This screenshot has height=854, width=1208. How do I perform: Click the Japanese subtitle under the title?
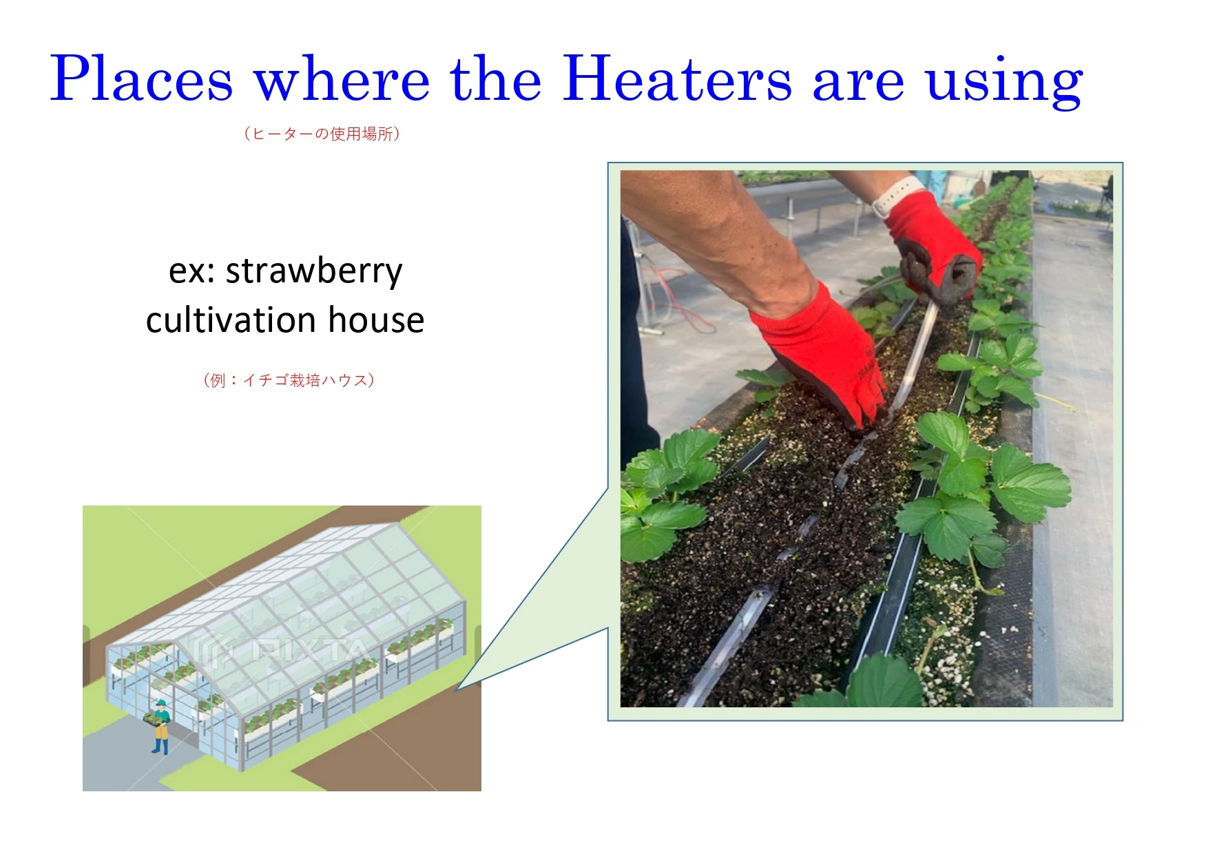tap(322, 134)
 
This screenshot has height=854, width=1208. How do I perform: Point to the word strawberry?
tap(314, 271)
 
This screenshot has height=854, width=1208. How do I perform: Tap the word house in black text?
tap(376, 320)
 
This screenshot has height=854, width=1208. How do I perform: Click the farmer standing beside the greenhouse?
tap(160, 727)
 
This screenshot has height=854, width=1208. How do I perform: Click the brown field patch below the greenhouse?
tap(399, 758)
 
